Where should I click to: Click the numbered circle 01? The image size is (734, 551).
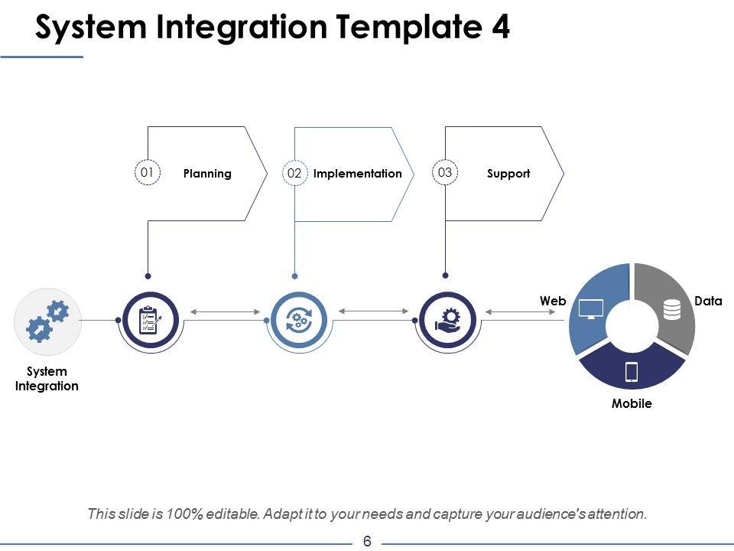[148, 172]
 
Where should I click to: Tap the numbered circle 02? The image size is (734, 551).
[295, 173]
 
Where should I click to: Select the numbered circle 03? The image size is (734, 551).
[445, 172]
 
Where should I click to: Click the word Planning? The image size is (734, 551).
[207, 174]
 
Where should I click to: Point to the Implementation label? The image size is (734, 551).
[358, 174]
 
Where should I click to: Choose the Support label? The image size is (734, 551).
[508, 174]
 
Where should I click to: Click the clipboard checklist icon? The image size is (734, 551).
[151, 320]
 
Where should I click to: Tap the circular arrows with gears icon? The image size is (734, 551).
[299, 320]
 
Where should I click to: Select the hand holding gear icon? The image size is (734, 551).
[447, 320]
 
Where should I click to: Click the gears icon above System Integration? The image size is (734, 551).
[47, 321]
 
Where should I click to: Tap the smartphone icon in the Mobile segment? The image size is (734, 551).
[632, 372]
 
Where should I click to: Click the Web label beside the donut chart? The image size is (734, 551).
[553, 301]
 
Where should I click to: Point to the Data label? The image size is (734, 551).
[708, 301]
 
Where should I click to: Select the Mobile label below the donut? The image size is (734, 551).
[632, 403]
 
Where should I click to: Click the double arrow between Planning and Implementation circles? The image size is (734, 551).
[225, 311]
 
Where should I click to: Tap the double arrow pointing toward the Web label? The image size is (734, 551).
[521, 311]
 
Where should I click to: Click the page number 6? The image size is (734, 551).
[367, 541]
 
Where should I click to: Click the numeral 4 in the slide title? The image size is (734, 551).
[500, 27]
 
